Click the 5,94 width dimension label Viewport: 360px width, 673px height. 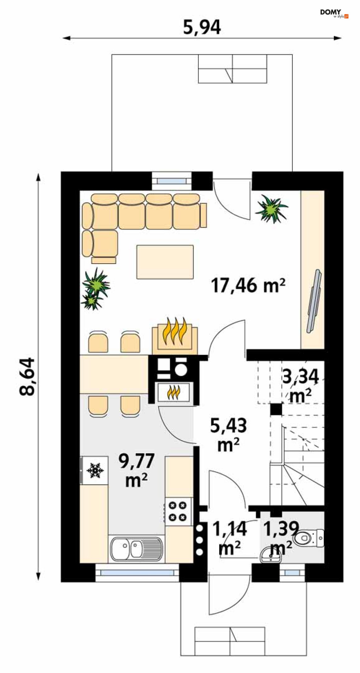click(202, 27)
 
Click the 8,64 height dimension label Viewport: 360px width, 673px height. click(27, 376)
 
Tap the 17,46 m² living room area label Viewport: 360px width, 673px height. click(248, 285)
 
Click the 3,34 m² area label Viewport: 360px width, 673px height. click(300, 386)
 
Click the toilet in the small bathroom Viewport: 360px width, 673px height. click(308, 539)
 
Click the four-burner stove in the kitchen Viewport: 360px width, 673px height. click(178, 511)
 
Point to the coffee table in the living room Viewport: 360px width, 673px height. click(165, 262)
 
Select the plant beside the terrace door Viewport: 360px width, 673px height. click(271, 209)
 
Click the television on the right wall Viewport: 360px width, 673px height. click(314, 301)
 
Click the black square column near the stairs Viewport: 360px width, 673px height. click(276, 409)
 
